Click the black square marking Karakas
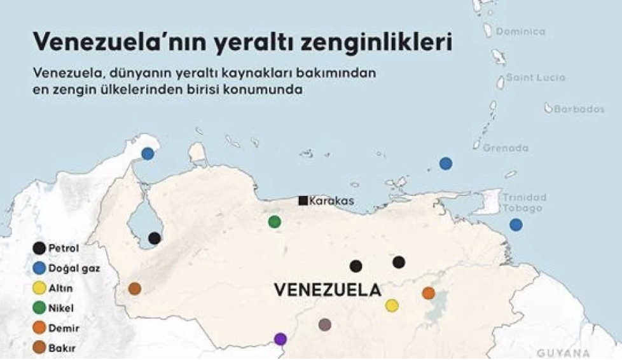pos(303,200)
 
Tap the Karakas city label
pos(331,201)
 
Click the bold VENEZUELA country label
pos(328,290)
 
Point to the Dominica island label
pos(520,31)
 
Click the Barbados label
pos(579,109)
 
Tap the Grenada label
pos(506,148)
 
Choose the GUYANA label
pos(563,353)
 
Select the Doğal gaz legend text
pos(74,268)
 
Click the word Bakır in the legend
pos(62,348)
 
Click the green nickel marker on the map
pos(274,221)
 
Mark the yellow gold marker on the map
pos(392,305)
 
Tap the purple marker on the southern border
pos(280,339)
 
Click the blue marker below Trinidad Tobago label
pos(516,225)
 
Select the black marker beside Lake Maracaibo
pos(155,238)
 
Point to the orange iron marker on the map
pos(429,293)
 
